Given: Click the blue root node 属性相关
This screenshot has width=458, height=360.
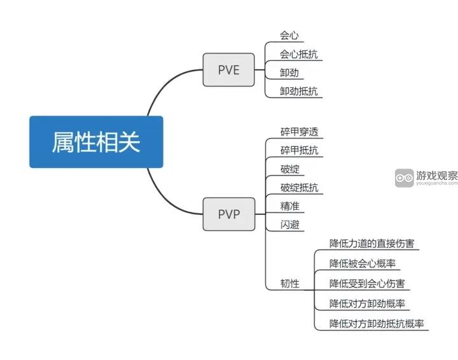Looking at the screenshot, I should (x=96, y=142).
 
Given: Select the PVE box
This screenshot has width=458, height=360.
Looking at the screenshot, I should (x=228, y=70).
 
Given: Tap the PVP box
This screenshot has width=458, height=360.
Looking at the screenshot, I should (x=228, y=214).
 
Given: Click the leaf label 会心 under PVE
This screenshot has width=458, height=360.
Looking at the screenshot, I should (x=289, y=36).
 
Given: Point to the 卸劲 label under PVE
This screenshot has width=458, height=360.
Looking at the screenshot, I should (x=289, y=73).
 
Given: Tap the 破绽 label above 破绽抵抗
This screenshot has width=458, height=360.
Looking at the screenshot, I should (x=289, y=169).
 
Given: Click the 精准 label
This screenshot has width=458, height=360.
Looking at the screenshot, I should (x=289, y=206).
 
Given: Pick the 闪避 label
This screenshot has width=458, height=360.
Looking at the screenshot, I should (x=289, y=225).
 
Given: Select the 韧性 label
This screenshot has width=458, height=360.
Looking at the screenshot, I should (x=289, y=284).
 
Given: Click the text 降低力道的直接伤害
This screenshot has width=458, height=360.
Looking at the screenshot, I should (x=374, y=244).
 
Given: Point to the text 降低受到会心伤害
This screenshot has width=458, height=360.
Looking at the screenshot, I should (x=367, y=284).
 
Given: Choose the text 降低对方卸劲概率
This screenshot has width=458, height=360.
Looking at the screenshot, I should (x=367, y=303).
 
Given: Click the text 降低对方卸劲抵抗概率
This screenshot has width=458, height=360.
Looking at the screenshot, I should (x=377, y=323).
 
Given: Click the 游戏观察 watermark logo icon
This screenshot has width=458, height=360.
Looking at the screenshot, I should (x=404, y=178).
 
